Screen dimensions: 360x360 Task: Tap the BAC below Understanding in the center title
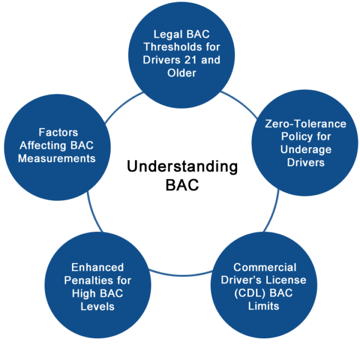coord(182,186)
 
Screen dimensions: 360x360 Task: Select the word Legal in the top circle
coord(167,34)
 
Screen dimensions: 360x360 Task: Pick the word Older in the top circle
coord(182,73)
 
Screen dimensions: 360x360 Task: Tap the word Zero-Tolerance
coord(305,124)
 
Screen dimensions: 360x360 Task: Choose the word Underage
coord(305,149)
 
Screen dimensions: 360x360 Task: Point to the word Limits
coord(263,305)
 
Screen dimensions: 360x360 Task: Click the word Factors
coord(58,132)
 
